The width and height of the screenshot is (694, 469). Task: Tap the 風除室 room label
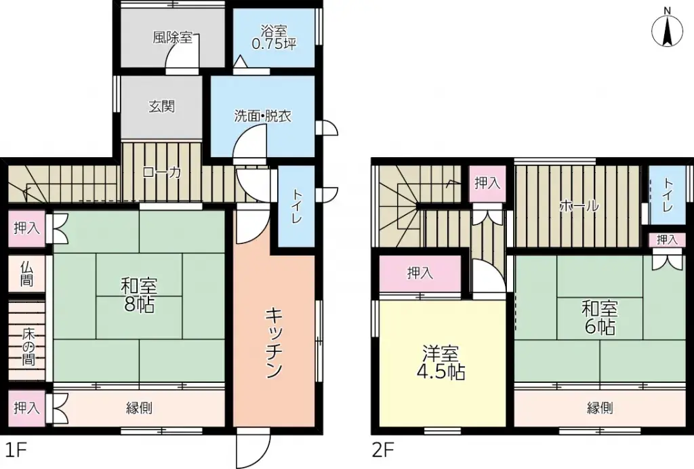click(x=172, y=37)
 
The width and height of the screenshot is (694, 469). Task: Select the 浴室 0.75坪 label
click(x=274, y=38)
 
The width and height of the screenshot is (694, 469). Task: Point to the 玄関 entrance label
click(x=162, y=106)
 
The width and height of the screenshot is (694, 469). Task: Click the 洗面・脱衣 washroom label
click(x=263, y=116)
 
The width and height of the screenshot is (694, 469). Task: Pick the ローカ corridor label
click(x=162, y=173)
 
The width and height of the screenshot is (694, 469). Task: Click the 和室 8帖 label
click(x=139, y=294)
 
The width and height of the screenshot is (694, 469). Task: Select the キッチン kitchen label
click(x=274, y=343)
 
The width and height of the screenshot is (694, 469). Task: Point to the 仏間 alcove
click(x=26, y=272)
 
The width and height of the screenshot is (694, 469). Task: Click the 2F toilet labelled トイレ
click(x=668, y=195)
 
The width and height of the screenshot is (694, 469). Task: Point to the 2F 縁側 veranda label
click(x=600, y=408)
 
